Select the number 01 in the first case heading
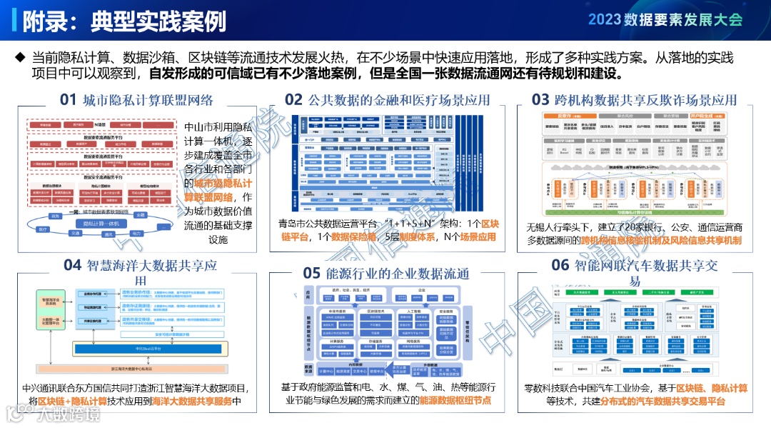68,99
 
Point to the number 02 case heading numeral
294,99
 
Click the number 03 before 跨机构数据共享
540,99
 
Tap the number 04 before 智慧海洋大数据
73,265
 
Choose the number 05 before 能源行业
312,273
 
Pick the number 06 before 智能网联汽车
560,265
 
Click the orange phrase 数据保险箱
354,237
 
